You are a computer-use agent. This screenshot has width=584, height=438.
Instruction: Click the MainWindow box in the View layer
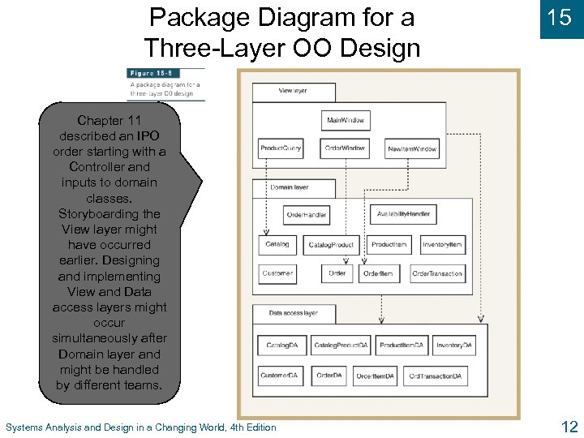[346, 121]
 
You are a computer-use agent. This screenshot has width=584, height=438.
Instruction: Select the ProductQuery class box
[281, 148]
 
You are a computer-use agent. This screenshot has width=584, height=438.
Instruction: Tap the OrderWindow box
[346, 148]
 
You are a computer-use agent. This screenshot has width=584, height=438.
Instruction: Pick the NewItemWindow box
[412, 148]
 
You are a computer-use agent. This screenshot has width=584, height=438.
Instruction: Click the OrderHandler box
[307, 215]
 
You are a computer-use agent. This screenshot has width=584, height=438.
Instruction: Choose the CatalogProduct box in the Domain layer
[331, 245]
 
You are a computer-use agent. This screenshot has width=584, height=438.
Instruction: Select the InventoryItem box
[442, 245]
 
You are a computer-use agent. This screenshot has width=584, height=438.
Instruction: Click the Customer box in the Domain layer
[277, 273]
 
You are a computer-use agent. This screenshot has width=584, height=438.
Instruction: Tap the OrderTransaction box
[437, 273]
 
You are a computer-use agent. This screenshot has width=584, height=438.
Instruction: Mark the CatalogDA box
[281, 346]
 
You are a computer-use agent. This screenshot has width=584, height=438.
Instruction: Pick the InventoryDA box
[454, 346]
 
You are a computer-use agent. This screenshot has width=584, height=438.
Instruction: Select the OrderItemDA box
[375, 376]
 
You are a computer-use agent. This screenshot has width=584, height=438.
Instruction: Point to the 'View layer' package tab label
[292, 91]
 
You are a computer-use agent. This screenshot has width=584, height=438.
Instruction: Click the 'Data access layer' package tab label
[293, 312]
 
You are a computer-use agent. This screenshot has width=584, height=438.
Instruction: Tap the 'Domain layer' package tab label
[289, 187]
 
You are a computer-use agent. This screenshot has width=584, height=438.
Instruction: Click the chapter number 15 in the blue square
[560, 18]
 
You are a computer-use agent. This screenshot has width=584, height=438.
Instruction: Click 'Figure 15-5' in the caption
[145, 73]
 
